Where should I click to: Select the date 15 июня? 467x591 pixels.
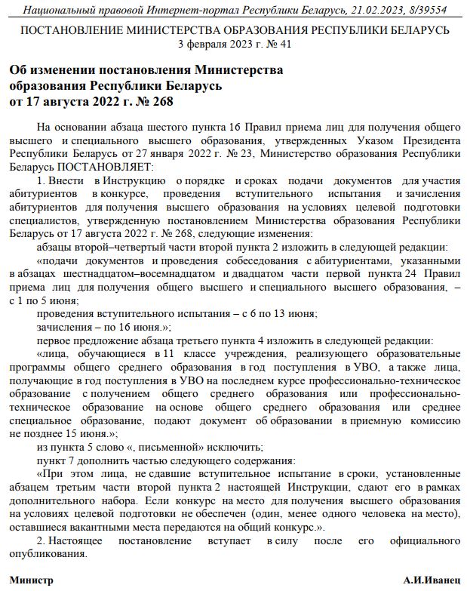tap(86, 433)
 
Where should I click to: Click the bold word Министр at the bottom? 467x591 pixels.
tap(32, 580)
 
